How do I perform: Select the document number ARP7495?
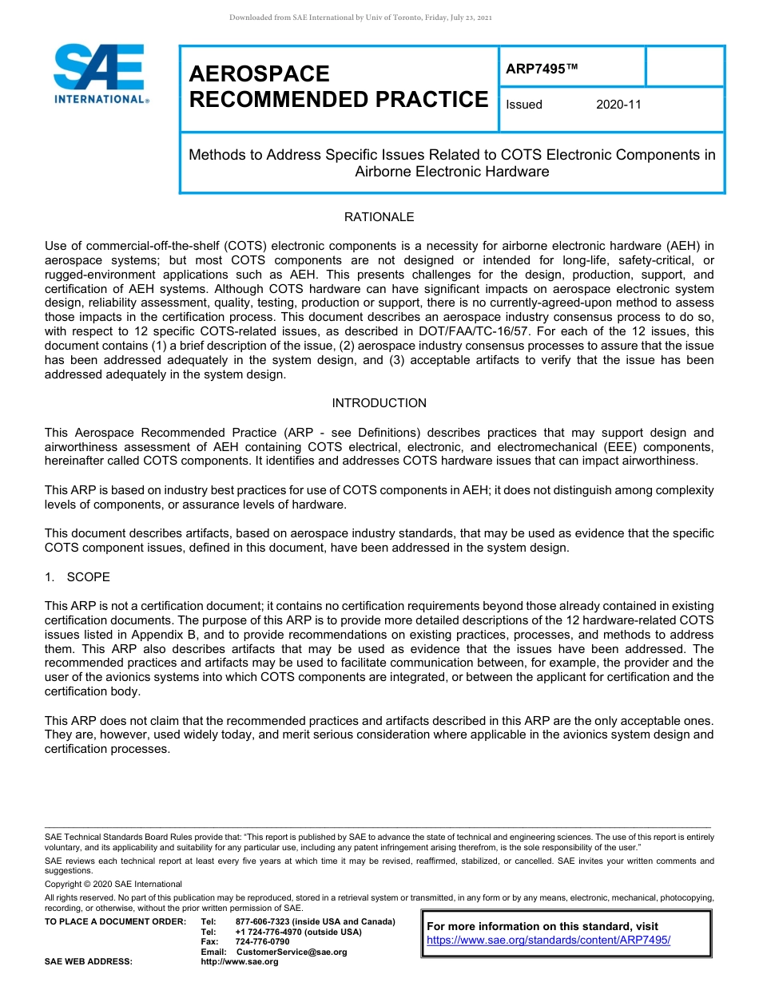[x=541, y=69]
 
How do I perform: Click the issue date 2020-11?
[x=618, y=105]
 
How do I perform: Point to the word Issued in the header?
[x=524, y=105]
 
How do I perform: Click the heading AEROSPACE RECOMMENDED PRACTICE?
[x=338, y=86]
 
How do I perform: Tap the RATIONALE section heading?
[x=379, y=217]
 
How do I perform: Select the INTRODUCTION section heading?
[x=379, y=403]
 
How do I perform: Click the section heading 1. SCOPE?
[x=77, y=577]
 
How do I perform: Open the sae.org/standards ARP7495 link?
[x=548, y=940]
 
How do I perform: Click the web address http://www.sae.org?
[x=240, y=961]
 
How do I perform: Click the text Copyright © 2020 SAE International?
[x=113, y=884]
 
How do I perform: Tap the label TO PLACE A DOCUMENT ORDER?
[x=115, y=922]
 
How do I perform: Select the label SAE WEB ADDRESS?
[x=89, y=961]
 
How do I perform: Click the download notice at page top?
[x=360, y=18]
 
